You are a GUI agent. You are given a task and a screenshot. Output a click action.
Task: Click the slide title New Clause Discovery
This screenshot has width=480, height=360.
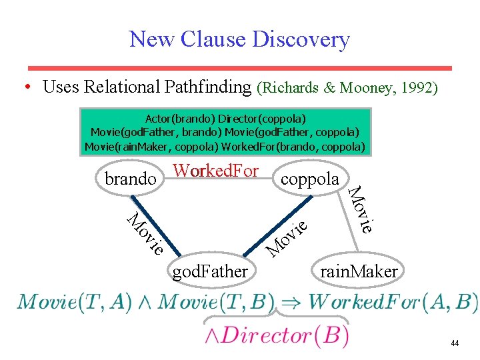tap(239, 39)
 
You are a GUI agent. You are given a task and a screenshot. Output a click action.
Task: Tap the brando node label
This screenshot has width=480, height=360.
tap(130, 179)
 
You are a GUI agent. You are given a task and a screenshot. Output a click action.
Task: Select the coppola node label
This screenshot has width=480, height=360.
tap(310, 179)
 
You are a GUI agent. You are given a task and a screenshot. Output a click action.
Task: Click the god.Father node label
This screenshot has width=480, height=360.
tap(210, 271)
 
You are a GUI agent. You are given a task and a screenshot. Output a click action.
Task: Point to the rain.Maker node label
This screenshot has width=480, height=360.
tap(359, 271)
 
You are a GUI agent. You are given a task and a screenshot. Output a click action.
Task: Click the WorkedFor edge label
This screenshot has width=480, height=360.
tap(215, 171)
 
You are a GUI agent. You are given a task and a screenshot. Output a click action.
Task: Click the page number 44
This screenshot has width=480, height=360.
tap(455, 343)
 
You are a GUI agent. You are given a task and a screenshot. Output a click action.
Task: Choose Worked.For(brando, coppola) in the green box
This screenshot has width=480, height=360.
tap(297, 146)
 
